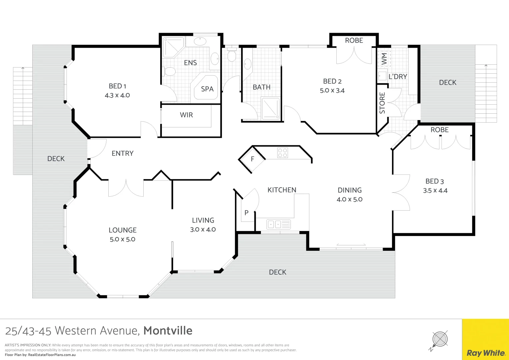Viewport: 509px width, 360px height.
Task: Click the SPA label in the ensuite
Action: click(x=207, y=89)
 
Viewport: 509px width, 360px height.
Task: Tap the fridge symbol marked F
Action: click(x=252, y=159)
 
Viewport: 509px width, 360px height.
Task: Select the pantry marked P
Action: click(x=247, y=213)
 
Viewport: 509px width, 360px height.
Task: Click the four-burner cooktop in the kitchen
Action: click(x=283, y=153)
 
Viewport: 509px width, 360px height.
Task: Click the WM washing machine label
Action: click(x=384, y=59)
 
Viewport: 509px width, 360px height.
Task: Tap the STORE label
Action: click(x=382, y=103)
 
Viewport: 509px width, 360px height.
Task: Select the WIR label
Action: click(x=186, y=115)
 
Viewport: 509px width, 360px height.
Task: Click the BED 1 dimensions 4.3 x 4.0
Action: click(x=117, y=95)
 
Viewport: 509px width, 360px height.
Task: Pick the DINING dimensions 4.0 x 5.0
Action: click(x=349, y=199)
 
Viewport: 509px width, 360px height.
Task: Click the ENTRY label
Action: click(x=122, y=153)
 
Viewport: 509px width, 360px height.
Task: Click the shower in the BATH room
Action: click(x=271, y=108)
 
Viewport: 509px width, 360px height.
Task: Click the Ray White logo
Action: click(x=486, y=353)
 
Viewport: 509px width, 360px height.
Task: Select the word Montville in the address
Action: click(x=168, y=331)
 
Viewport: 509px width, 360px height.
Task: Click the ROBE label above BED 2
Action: click(x=354, y=40)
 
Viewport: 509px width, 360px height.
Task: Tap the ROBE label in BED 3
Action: click(x=439, y=130)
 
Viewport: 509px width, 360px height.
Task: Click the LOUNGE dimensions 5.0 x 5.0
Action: click(x=122, y=239)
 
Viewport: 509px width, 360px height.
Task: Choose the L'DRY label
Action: click(x=398, y=77)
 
